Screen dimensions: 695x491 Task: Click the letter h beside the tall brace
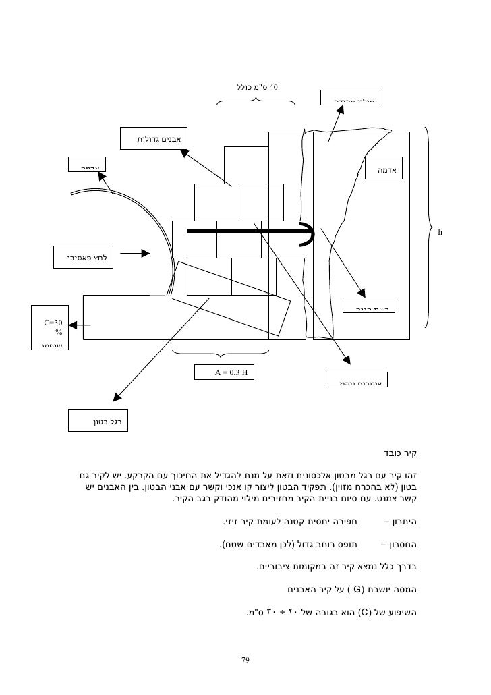tap(439, 233)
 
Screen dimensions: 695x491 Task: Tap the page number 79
tap(246, 659)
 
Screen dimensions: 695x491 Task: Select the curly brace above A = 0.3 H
tap(221, 353)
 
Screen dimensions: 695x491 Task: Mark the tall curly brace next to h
tap(429, 226)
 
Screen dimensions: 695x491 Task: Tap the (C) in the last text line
tap(361, 613)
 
